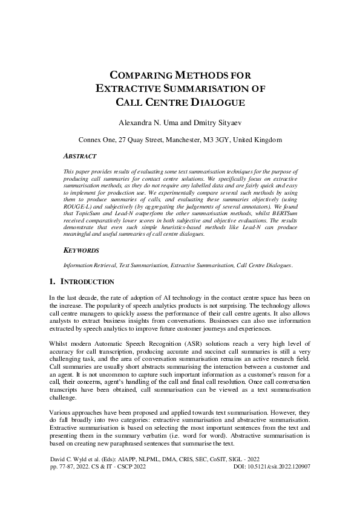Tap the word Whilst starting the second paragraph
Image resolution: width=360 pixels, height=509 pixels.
click(59, 342)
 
